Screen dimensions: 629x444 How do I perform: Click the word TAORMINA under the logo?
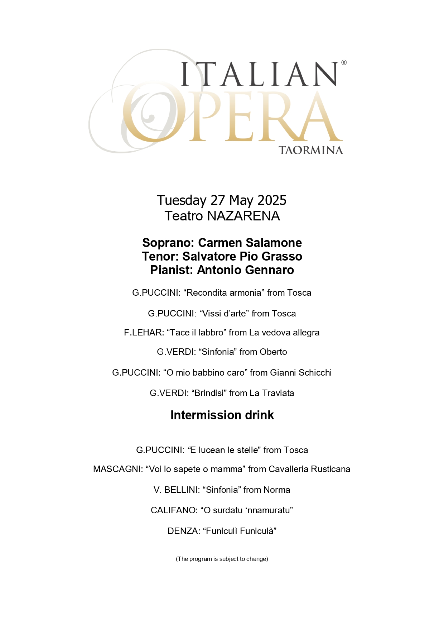(x=310, y=150)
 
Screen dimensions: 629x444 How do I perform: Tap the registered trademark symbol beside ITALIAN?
(x=344, y=63)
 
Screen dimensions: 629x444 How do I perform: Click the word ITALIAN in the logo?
(x=259, y=74)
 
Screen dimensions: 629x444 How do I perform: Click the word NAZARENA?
(x=243, y=216)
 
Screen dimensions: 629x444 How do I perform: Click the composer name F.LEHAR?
(x=144, y=333)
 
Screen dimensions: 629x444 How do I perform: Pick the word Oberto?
(x=273, y=352)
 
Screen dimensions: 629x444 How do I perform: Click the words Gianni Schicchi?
(x=301, y=373)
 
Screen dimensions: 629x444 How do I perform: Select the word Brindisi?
(x=208, y=393)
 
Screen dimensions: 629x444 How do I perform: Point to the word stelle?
(x=245, y=450)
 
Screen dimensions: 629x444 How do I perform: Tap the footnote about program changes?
(x=222, y=559)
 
